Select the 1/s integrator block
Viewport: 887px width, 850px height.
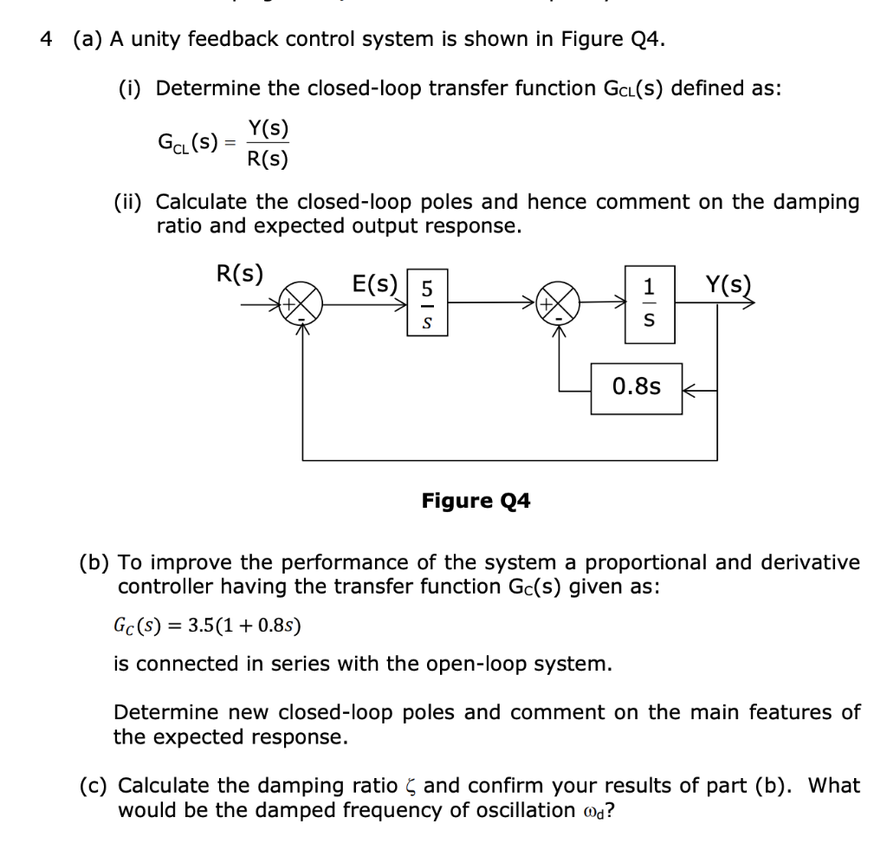[x=652, y=304]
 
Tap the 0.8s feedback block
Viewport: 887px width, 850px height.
[x=636, y=386]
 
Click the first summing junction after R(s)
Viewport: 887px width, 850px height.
[x=303, y=305]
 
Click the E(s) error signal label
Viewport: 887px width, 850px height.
[x=375, y=283]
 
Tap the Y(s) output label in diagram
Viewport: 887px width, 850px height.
[x=728, y=283]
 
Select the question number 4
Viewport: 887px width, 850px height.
[x=48, y=40]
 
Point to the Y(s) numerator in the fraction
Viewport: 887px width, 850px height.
[x=268, y=128]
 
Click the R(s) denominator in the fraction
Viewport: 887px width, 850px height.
[x=268, y=159]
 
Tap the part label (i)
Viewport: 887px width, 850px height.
[x=132, y=88]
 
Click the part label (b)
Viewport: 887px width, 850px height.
[x=94, y=562]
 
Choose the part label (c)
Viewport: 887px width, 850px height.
[x=94, y=786]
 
